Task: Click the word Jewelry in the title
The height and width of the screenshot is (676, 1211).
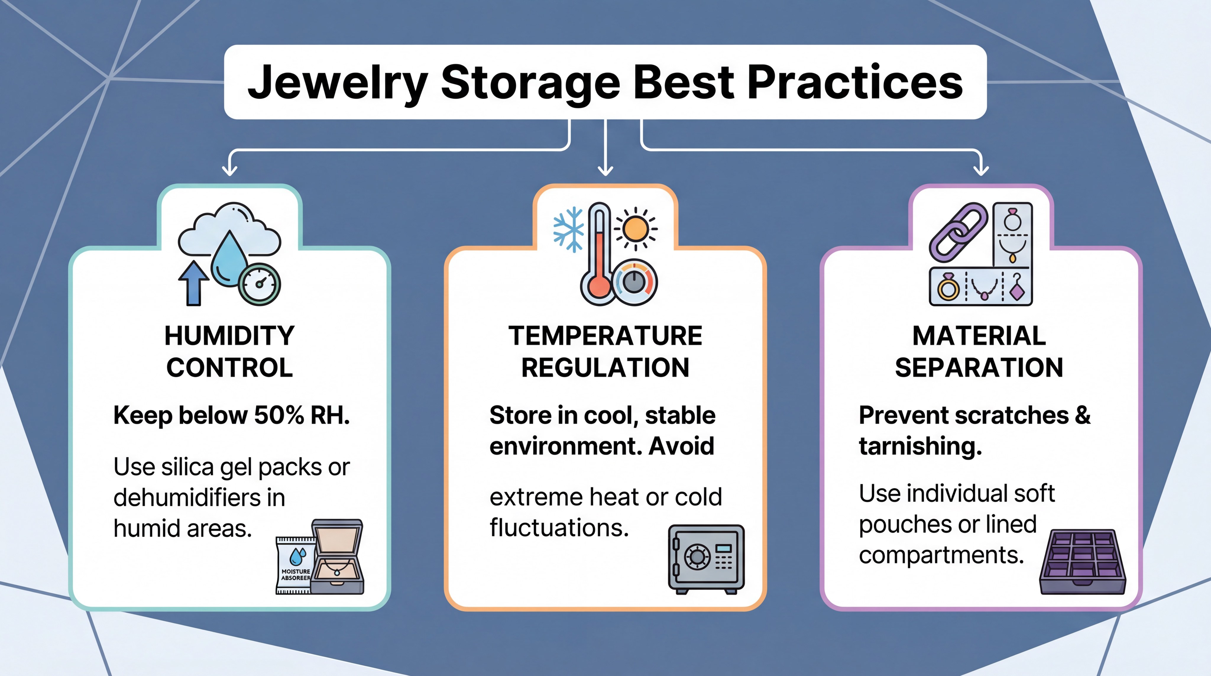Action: pyautogui.click(x=338, y=83)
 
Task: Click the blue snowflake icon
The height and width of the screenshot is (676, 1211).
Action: pyautogui.click(x=568, y=229)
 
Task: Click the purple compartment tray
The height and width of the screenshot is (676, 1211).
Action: pyautogui.click(x=1082, y=562)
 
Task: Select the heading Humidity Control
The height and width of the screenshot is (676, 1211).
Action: pyautogui.click(x=229, y=351)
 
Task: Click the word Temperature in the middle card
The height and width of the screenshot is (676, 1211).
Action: pyautogui.click(x=605, y=336)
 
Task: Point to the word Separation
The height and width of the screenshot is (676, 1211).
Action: pyautogui.click(x=979, y=367)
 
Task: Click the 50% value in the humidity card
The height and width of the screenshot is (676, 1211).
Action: pyautogui.click(x=279, y=415)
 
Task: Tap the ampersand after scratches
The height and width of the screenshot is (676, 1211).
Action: pyautogui.click(x=1082, y=415)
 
